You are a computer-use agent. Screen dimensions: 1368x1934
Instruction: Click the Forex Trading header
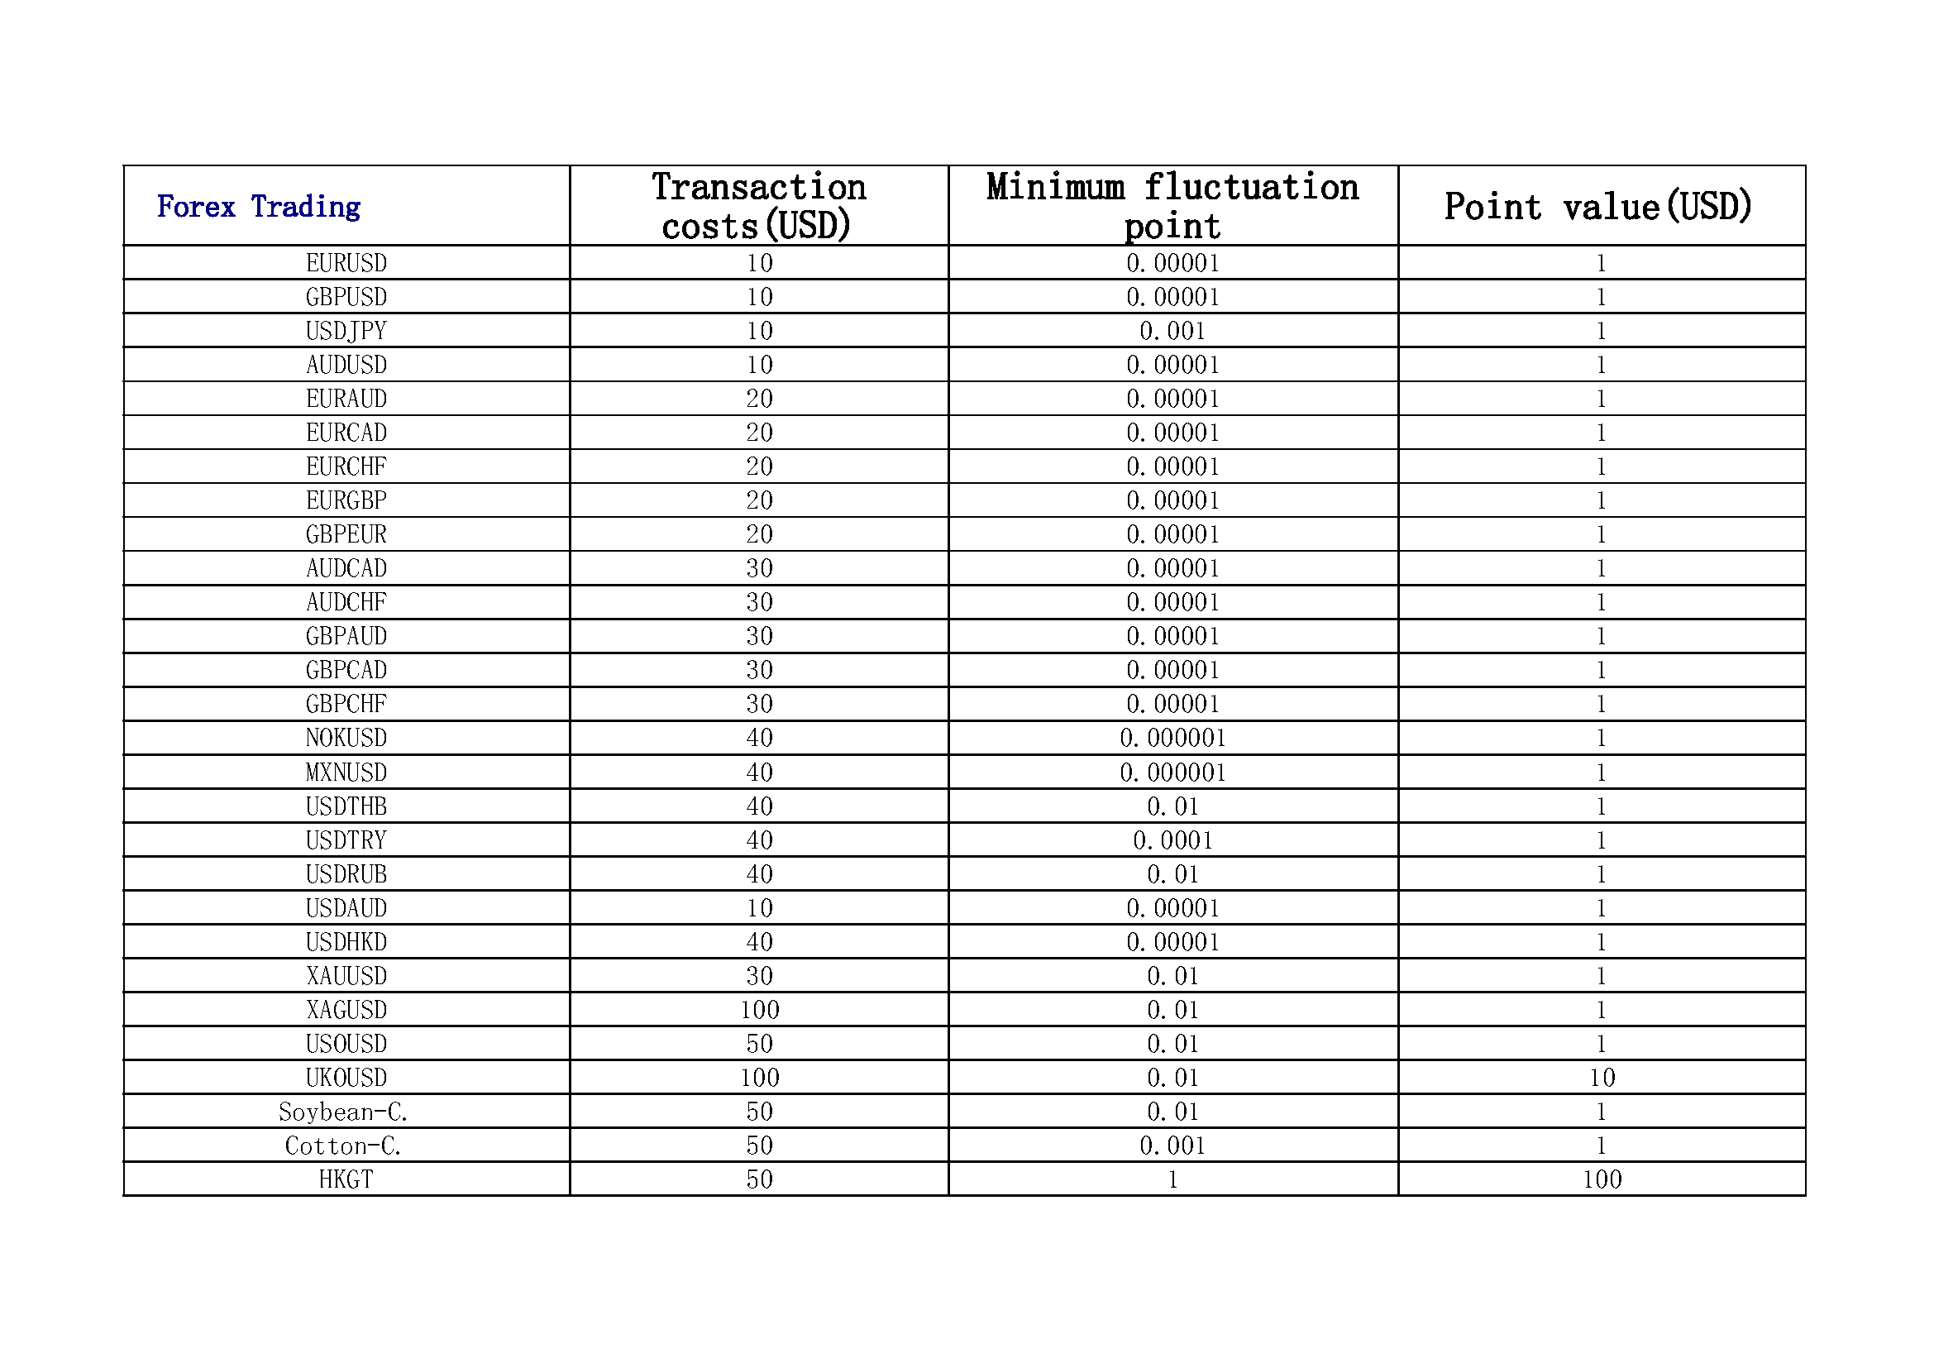click(259, 207)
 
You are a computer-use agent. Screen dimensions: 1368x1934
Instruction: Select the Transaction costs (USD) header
click(758, 207)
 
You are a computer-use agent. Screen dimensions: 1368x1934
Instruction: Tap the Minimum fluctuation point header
click(1172, 207)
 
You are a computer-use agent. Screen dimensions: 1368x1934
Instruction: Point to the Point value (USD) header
click(1598, 207)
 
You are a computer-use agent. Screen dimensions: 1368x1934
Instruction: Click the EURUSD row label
click(346, 263)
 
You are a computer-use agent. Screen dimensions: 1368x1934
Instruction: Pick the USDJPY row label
click(346, 331)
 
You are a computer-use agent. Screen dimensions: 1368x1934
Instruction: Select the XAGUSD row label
click(346, 1009)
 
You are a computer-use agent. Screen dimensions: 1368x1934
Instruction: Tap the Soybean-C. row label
click(344, 1112)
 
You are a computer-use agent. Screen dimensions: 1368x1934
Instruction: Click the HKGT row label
click(346, 1179)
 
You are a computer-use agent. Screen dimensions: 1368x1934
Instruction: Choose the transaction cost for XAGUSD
click(759, 1009)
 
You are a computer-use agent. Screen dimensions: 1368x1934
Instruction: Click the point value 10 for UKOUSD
click(1602, 1078)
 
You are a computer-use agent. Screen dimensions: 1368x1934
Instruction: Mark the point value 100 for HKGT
click(1602, 1179)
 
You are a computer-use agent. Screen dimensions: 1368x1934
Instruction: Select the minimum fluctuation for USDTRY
click(1172, 839)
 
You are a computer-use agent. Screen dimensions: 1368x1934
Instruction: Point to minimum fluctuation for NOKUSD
click(1172, 738)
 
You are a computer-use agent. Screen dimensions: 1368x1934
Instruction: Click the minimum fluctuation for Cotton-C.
click(1172, 1146)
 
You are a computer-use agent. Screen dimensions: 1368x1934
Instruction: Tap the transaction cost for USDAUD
click(759, 908)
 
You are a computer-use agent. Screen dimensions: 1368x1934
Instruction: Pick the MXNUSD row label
click(346, 772)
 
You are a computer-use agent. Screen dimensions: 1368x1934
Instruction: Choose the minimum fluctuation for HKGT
click(1172, 1179)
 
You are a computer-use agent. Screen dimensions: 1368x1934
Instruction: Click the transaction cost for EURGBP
click(759, 500)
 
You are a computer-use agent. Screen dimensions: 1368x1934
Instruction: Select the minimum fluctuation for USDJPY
click(1172, 331)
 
